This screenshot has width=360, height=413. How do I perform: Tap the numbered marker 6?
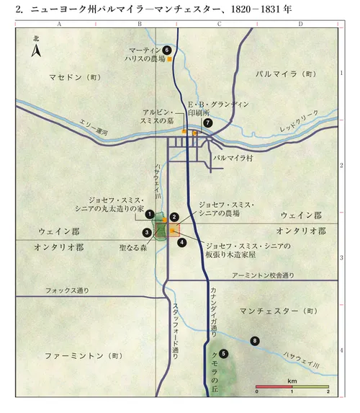(x=167, y=50)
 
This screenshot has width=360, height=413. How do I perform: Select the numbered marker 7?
(x=208, y=123)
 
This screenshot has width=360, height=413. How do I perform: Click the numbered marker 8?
(x=254, y=339)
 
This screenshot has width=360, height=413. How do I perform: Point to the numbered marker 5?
(x=224, y=353)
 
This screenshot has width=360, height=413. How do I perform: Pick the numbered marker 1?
(x=150, y=213)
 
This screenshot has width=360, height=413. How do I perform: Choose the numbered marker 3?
(x=147, y=232)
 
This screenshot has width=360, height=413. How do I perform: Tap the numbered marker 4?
(x=182, y=242)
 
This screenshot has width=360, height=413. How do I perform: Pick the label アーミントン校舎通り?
(x=264, y=275)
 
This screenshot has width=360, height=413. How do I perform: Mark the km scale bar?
(x=292, y=387)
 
